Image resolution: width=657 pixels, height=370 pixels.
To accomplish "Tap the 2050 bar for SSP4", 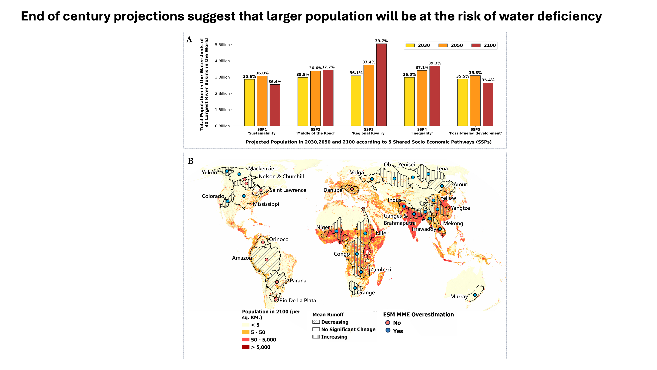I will (x=422, y=98).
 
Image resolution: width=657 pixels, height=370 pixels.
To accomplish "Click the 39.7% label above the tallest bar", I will (x=381, y=41).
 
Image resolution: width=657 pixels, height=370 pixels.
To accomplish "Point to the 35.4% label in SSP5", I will (x=488, y=80).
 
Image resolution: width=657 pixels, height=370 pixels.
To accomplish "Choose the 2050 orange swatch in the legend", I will (x=443, y=45).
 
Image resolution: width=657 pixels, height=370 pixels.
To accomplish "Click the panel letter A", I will (x=189, y=40).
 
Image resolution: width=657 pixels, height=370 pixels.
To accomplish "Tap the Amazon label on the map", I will (x=242, y=258).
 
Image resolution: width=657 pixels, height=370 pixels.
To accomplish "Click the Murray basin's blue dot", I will (x=475, y=295).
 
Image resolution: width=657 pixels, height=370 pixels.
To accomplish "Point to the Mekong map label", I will (x=453, y=223).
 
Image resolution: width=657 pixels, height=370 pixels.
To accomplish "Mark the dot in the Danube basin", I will (x=352, y=189).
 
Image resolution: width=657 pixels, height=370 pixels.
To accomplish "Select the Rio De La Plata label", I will (x=297, y=300).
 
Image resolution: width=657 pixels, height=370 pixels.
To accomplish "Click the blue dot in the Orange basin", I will (x=355, y=288).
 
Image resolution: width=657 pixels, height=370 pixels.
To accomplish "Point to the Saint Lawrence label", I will (x=288, y=190).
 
